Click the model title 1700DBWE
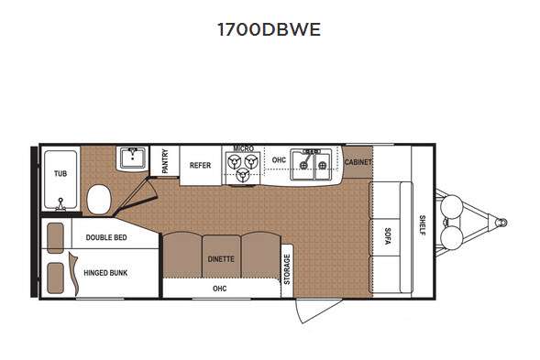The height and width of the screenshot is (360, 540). [269, 29]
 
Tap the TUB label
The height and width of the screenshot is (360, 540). [61, 173]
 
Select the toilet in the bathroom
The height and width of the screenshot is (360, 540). [99, 199]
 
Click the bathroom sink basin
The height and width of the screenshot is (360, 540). [133, 158]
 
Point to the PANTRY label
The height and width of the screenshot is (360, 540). [165, 161]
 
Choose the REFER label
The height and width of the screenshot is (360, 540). [200, 166]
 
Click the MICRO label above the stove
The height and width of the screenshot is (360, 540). [244, 148]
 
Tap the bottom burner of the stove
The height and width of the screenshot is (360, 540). [243, 175]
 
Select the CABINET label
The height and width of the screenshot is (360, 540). [358, 162]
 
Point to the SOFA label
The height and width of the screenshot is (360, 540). [387, 236]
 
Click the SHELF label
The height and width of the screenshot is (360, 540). [423, 225]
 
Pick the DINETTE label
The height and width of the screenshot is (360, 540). [221, 259]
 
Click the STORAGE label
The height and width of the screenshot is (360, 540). [287, 269]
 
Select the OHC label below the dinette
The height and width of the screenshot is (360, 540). [220, 289]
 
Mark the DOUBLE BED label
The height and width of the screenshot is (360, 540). [106, 237]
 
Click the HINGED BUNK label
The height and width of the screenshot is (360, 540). [105, 273]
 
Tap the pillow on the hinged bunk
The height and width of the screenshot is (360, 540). [55, 278]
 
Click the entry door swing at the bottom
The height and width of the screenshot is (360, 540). [318, 311]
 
